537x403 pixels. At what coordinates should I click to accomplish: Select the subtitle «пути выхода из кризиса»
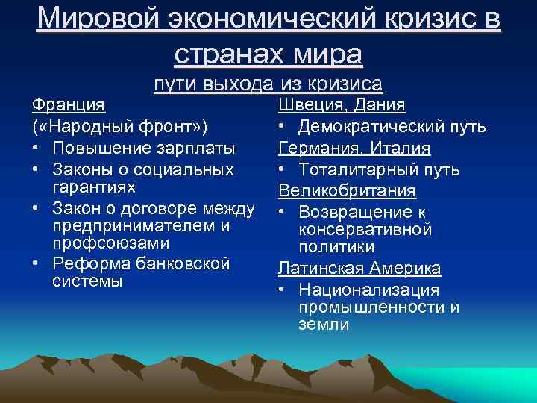click(268, 84)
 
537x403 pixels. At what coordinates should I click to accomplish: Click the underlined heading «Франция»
click(69, 104)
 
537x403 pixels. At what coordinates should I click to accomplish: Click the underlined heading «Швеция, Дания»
click(342, 104)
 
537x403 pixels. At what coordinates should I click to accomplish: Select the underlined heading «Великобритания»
click(348, 191)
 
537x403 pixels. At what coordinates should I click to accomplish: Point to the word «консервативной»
click(366, 230)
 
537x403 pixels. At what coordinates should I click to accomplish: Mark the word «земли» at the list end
click(323, 325)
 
